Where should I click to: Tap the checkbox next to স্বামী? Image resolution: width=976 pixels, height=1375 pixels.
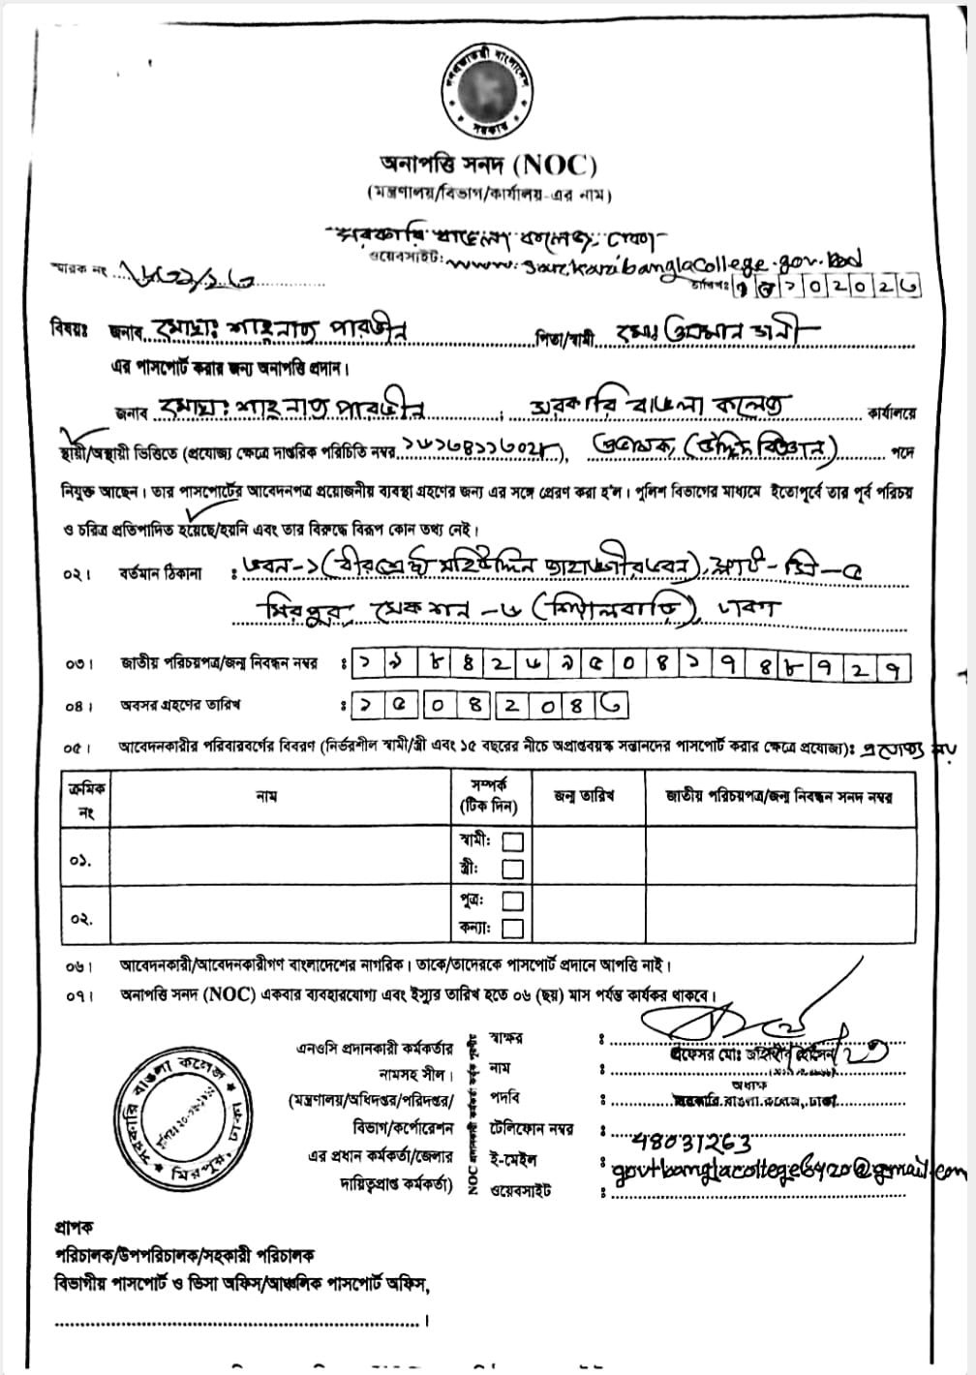click(x=513, y=840)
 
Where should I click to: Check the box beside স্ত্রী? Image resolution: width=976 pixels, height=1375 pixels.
click(x=513, y=869)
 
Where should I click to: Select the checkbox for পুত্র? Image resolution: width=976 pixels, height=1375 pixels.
click(x=513, y=901)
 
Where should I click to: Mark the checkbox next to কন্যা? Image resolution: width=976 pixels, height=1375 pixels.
click(x=513, y=929)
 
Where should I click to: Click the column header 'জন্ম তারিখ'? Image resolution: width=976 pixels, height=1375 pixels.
click(x=584, y=797)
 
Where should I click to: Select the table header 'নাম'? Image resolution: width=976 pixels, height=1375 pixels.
click(x=267, y=797)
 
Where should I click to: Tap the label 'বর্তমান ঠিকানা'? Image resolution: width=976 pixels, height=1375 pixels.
click(x=161, y=573)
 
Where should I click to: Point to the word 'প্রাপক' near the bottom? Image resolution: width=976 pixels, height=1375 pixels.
click(x=74, y=1227)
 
